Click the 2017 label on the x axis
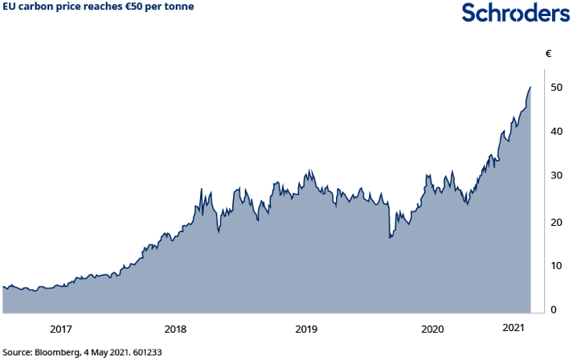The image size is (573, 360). click(61, 329)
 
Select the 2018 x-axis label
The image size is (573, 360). click(175, 329)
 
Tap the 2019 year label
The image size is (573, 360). click(306, 329)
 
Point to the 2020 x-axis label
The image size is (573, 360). click(432, 329)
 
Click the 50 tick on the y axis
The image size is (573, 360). click(555, 87)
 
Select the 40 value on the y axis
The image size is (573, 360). click(555, 131)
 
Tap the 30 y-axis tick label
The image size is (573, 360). click(555, 176)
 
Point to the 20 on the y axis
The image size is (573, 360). click(555, 222)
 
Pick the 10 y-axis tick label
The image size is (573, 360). click(555, 266)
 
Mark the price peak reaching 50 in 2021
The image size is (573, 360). click(530, 87)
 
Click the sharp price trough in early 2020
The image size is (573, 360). click(390, 238)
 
